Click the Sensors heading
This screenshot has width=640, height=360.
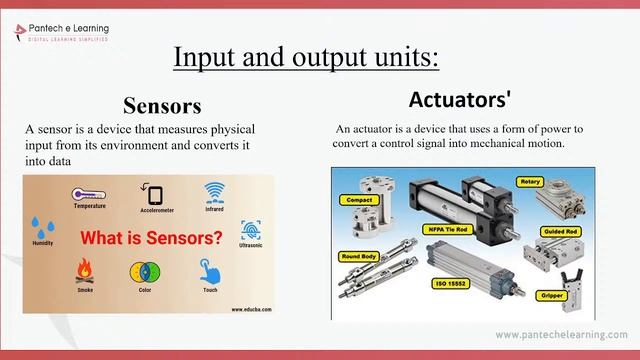pos(162,106)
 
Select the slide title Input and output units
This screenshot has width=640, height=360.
pos(306,56)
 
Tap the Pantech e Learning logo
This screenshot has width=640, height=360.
pos(61,32)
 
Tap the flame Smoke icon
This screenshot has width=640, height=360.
pos(85,270)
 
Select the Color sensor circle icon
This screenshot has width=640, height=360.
pos(141,272)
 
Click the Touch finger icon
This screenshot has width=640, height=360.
pos(208,271)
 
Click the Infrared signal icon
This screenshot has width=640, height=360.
pos(214,191)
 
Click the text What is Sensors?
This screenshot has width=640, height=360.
pos(151,239)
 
